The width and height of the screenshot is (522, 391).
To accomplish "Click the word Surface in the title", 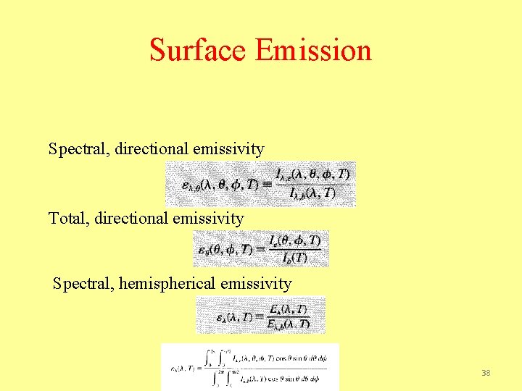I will [x=198, y=51].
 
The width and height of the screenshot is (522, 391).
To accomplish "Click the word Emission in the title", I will [x=313, y=51].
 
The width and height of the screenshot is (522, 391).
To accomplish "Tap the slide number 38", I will [x=486, y=373].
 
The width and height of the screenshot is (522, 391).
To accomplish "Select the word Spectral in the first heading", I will [x=77, y=149].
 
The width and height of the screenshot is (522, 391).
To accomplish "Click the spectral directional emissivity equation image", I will [x=261, y=184].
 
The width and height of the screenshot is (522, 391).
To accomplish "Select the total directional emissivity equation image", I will [x=261, y=248].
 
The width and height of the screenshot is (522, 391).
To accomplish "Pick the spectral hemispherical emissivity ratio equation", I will [x=261, y=315].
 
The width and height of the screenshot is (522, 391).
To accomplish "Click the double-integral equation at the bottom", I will [x=250, y=366].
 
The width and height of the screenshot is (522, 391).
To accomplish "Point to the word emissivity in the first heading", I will [x=228, y=149].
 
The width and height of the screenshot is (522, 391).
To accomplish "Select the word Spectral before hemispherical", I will [x=81, y=284].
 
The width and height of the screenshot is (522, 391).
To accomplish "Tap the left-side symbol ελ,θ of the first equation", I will [x=193, y=185].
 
